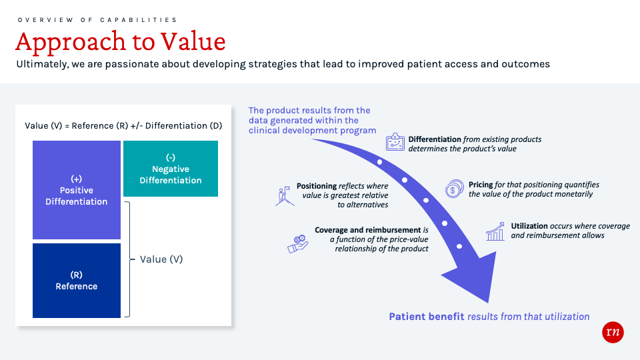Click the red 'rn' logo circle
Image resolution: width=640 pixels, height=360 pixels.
[x=612, y=333]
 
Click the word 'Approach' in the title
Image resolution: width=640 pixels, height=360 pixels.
[x=64, y=42]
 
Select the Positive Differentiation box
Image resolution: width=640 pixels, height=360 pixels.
[x=77, y=190]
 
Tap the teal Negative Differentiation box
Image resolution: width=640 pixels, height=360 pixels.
[x=171, y=169]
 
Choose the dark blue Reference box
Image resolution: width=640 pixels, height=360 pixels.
[x=77, y=280]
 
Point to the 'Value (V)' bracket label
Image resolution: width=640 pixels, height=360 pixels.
[x=161, y=259]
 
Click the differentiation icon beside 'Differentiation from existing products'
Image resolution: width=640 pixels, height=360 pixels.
[x=396, y=143]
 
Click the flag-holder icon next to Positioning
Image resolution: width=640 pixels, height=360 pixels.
[x=285, y=195]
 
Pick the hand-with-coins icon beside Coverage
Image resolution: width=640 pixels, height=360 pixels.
[x=297, y=244]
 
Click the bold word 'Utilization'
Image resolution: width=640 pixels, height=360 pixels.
[x=529, y=226]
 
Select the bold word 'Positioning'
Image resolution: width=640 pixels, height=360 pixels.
[x=316, y=186]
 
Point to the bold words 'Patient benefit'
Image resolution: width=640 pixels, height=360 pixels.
[x=426, y=317]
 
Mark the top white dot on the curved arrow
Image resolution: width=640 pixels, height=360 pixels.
[x=379, y=162]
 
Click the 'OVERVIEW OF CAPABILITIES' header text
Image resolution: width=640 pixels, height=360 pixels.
[x=97, y=20]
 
